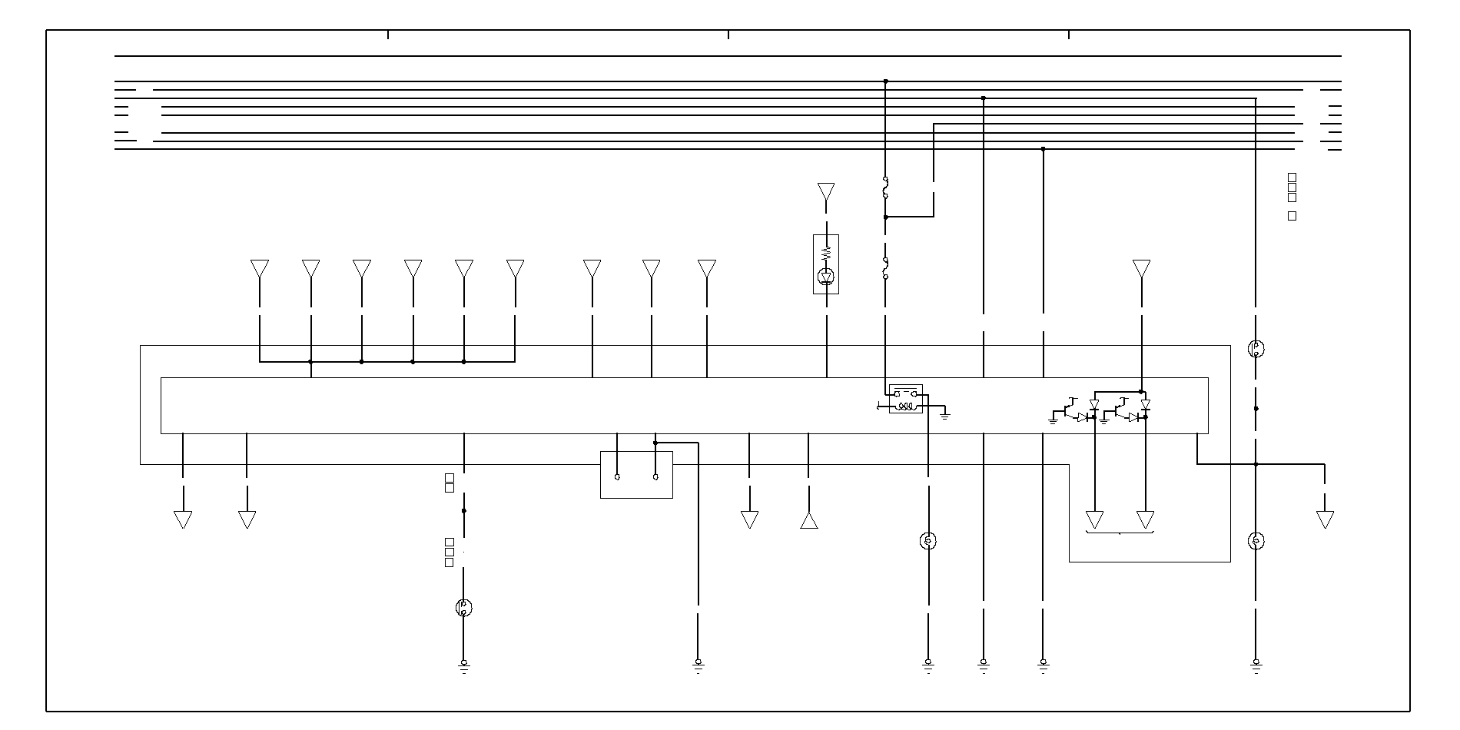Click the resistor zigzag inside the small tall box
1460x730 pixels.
click(x=826, y=253)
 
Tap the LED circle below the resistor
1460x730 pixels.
click(x=826, y=276)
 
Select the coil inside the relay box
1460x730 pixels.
click(x=907, y=406)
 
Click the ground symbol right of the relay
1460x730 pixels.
click(x=945, y=415)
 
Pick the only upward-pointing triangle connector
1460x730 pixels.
click(x=808, y=520)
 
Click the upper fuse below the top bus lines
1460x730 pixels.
click(x=885, y=187)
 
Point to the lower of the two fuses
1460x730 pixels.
click(x=885, y=268)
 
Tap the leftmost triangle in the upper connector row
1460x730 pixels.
click(x=260, y=269)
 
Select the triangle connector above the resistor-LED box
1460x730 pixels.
click(x=826, y=191)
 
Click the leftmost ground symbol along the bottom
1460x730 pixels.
click(x=463, y=665)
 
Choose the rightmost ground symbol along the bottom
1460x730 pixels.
click(x=1256, y=665)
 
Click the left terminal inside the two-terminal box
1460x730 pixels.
click(x=617, y=477)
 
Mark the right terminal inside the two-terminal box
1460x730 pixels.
click(x=655, y=477)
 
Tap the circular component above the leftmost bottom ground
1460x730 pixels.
click(x=463, y=608)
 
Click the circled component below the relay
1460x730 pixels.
click(x=927, y=541)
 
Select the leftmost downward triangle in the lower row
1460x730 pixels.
click(x=183, y=519)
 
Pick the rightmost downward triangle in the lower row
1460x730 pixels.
click(x=1325, y=519)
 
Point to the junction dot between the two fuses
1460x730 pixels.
click(x=885, y=217)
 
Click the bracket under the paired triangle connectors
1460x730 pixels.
click(x=1120, y=532)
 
